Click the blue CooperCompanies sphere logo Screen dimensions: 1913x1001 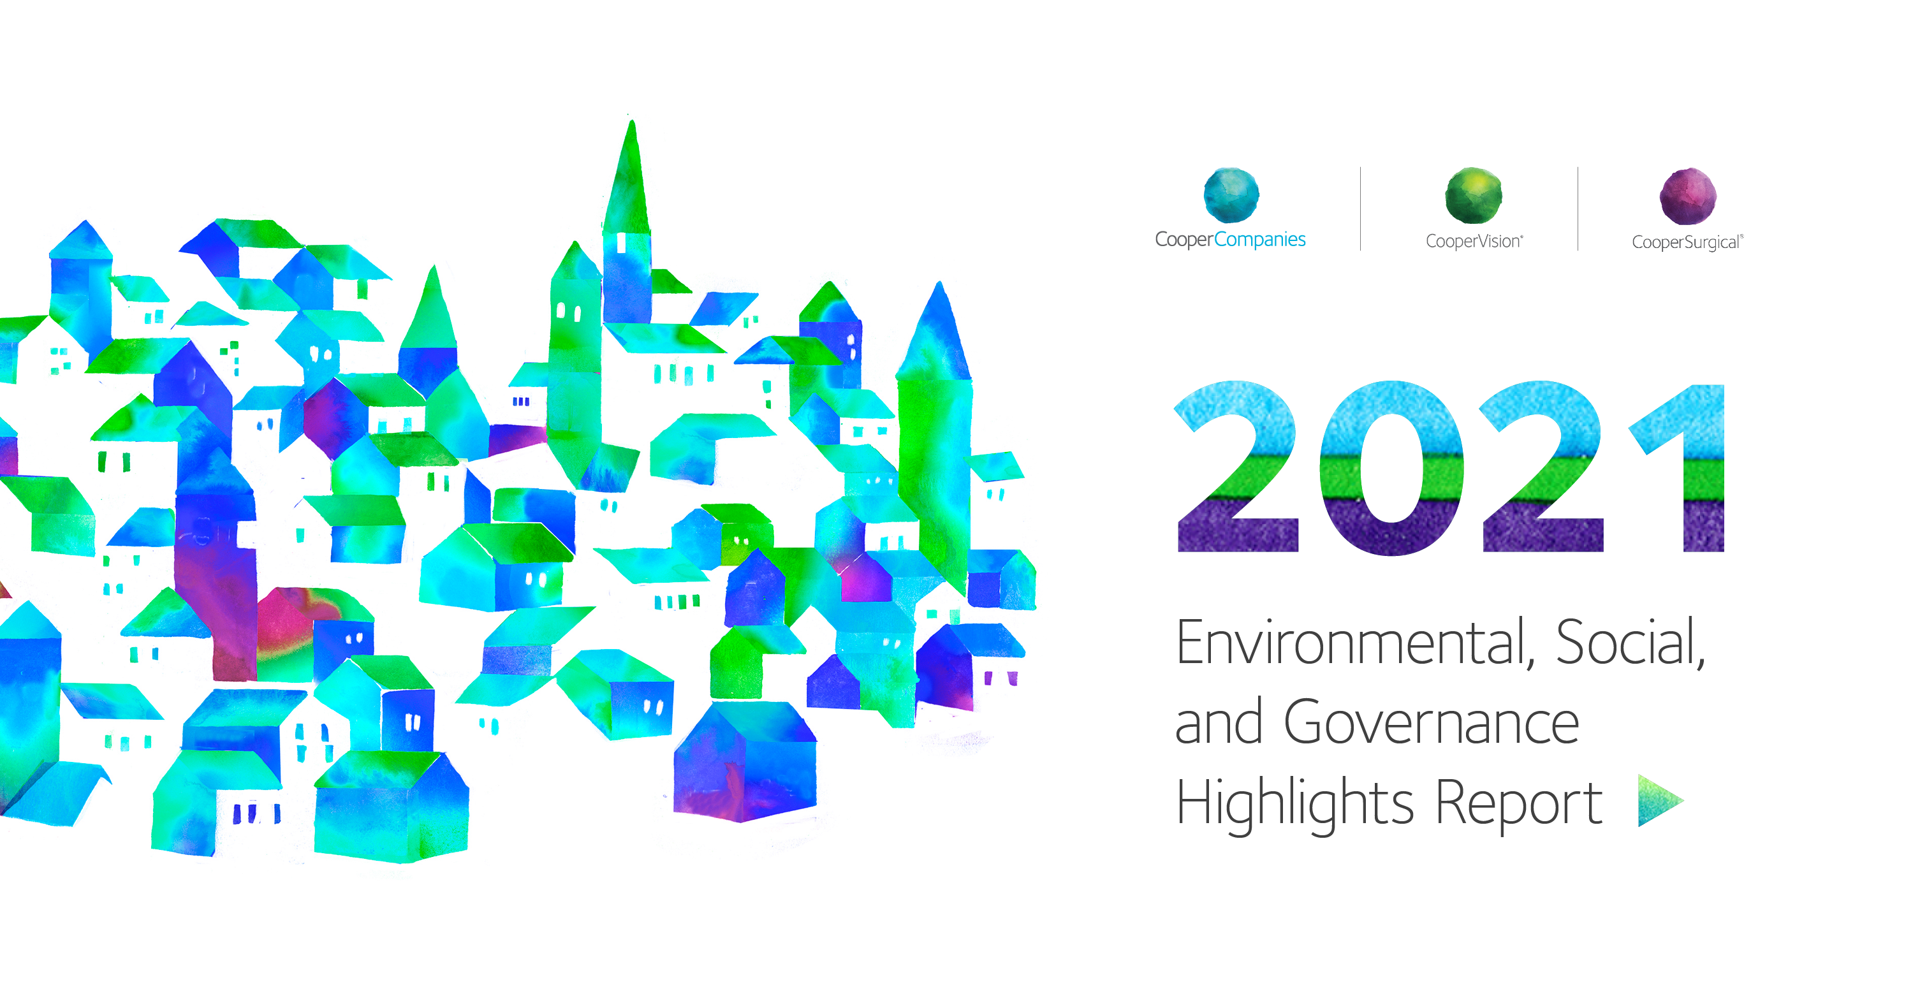tap(1231, 195)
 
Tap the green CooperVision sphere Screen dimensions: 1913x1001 tap(1474, 195)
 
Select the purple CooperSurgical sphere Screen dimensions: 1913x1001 tap(1688, 196)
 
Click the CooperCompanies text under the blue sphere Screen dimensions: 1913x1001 tap(1230, 239)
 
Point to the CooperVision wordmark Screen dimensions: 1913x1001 tap(1474, 242)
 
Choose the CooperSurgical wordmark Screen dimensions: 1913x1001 tap(1687, 243)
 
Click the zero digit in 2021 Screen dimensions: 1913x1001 tap(1393, 468)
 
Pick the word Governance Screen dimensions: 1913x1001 tap(1432, 722)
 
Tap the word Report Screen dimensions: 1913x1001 tap(1520, 803)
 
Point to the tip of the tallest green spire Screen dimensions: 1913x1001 tap(631, 119)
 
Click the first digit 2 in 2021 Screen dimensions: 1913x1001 tap(1237, 466)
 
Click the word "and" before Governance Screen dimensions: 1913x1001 tap(1219, 722)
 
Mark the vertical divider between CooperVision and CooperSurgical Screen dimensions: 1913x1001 tap(1578, 208)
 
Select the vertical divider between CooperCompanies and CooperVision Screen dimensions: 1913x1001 tap(1361, 208)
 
